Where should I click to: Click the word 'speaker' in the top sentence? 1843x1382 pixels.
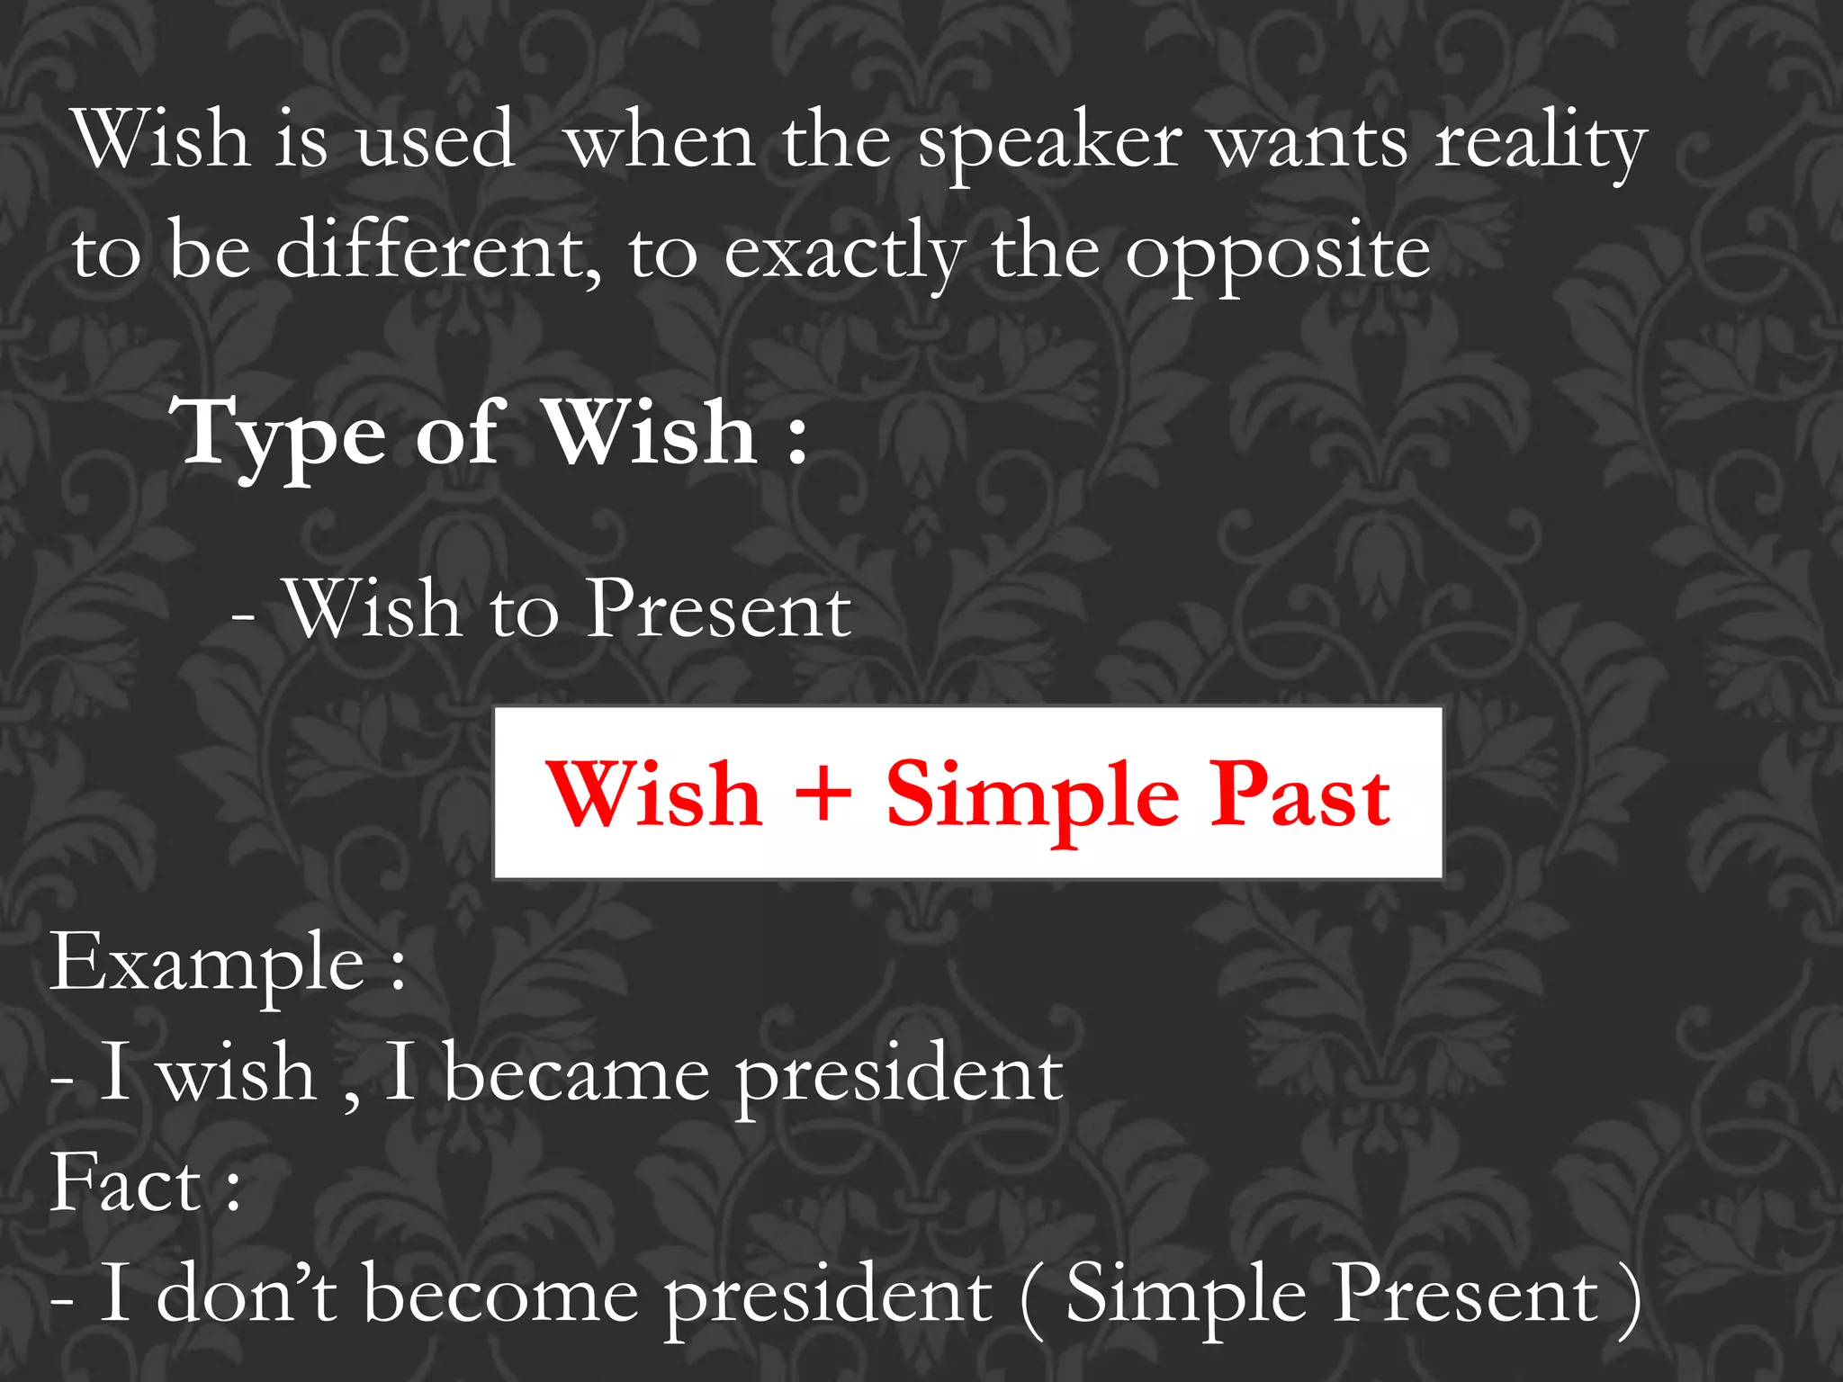pyautogui.click(x=1049, y=144)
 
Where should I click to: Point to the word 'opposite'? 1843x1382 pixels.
pyautogui.click(x=1278, y=255)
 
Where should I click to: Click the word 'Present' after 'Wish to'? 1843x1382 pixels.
pyautogui.click(x=718, y=610)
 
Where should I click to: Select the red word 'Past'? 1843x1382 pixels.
pyautogui.click(x=1299, y=794)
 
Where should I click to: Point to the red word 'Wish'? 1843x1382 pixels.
pyautogui.click(x=654, y=794)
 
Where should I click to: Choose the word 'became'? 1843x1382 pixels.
pyautogui.click(x=576, y=1073)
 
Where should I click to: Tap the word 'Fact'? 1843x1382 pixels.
pyautogui.click(x=126, y=1182)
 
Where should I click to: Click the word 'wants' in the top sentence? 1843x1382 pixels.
pyautogui.click(x=1308, y=144)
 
